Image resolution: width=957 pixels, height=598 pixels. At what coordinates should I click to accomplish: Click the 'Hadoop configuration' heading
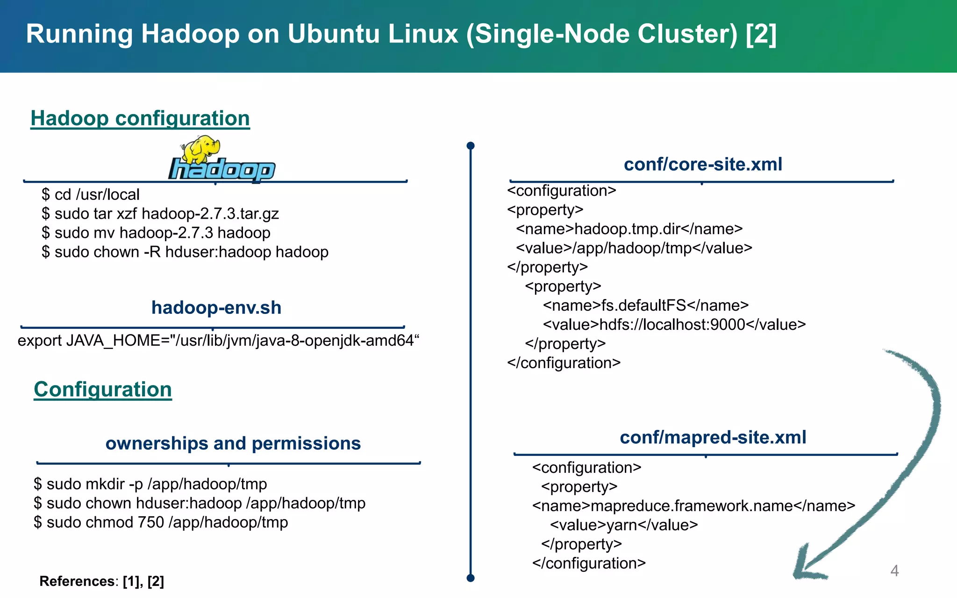(x=140, y=118)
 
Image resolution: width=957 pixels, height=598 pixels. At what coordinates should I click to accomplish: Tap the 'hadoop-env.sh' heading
(x=216, y=308)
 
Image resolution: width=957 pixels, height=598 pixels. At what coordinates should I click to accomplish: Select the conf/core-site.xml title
(x=703, y=164)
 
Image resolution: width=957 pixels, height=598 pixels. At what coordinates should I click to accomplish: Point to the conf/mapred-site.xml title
(x=713, y=437)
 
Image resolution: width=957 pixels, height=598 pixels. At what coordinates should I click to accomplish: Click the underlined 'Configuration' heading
(x=103, y=389)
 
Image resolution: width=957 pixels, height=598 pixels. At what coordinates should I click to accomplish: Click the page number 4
(x=894, y=570)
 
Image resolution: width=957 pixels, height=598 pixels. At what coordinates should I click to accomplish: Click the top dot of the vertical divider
(x=471, y=146)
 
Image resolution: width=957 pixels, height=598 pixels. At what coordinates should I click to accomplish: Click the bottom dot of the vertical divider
(x=471, y=578)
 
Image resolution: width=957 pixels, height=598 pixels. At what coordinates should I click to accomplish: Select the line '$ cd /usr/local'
(x=91, y=194)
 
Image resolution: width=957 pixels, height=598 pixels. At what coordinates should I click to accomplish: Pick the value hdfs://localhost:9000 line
(x=674, y=325)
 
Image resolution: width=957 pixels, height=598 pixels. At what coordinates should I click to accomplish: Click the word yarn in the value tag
(x=621, y=525)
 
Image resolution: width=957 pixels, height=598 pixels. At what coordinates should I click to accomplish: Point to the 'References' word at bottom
(x=77, y=581)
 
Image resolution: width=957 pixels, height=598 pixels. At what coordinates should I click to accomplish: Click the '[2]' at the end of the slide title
(x=761, y=34)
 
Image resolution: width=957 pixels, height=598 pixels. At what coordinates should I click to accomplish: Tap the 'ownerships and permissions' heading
(x=233, y=443)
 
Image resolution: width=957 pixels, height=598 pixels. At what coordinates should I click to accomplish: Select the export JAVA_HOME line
(x=218, y=341)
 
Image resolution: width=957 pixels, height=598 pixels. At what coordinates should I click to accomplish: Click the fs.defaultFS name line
(x=645, y=306)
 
